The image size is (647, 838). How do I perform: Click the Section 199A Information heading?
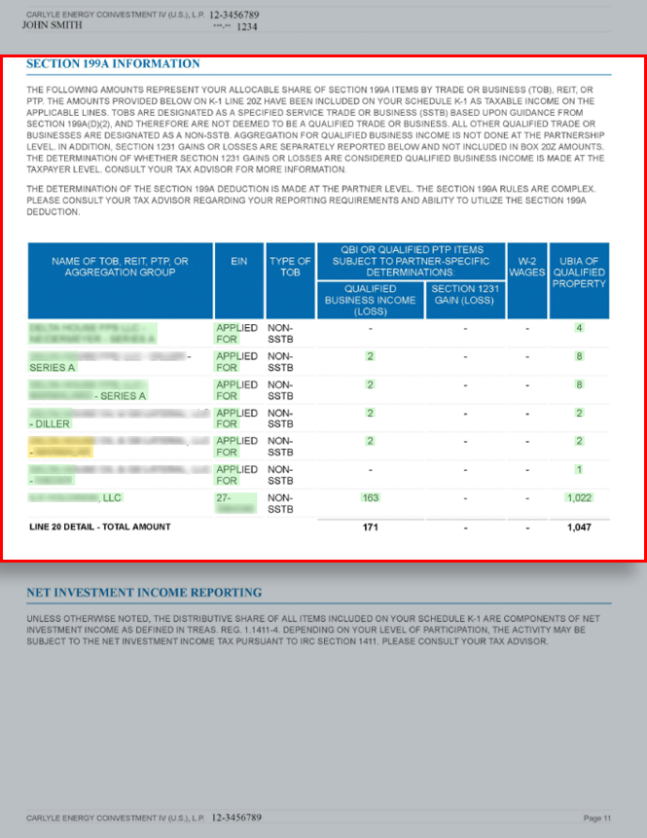pyautogui.click(x=113, y=64)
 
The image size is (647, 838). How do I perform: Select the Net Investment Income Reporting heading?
pyautogui.click(x=143, y=592)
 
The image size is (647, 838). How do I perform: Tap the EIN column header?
pyautogui.click(x=238, y=262)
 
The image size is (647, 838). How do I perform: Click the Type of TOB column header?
pyautogui.click(x=289, y=267)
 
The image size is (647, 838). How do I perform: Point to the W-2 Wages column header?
pyautogui.click(x=527, y=267)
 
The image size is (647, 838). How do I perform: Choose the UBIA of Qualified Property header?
pyautogui.click(x=579, y=273)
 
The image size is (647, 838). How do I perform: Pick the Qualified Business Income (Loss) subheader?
pyautogui.click(x=370, y=300)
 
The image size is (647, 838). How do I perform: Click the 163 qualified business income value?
pyautogui.click(x=370, y=498)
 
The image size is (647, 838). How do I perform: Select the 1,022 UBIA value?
pyautogui.click(x=579, y=498)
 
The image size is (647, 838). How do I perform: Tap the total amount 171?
pyautogui.click(x=370, y=527)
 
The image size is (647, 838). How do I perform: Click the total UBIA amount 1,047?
pyautogui.click(x=579, y=527)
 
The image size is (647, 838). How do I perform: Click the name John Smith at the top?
pyautogui.click(x=52, y=26)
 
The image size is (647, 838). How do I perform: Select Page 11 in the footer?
pyautogui.click(x=597, y=818)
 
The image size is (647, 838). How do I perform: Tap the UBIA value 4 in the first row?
pyautogui.click(x=579, y=328)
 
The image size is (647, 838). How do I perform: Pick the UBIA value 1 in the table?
pyautogui.click(x=579, y=470)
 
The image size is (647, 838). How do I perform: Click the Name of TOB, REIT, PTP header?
pyautogui.click(x=120, y=267)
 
